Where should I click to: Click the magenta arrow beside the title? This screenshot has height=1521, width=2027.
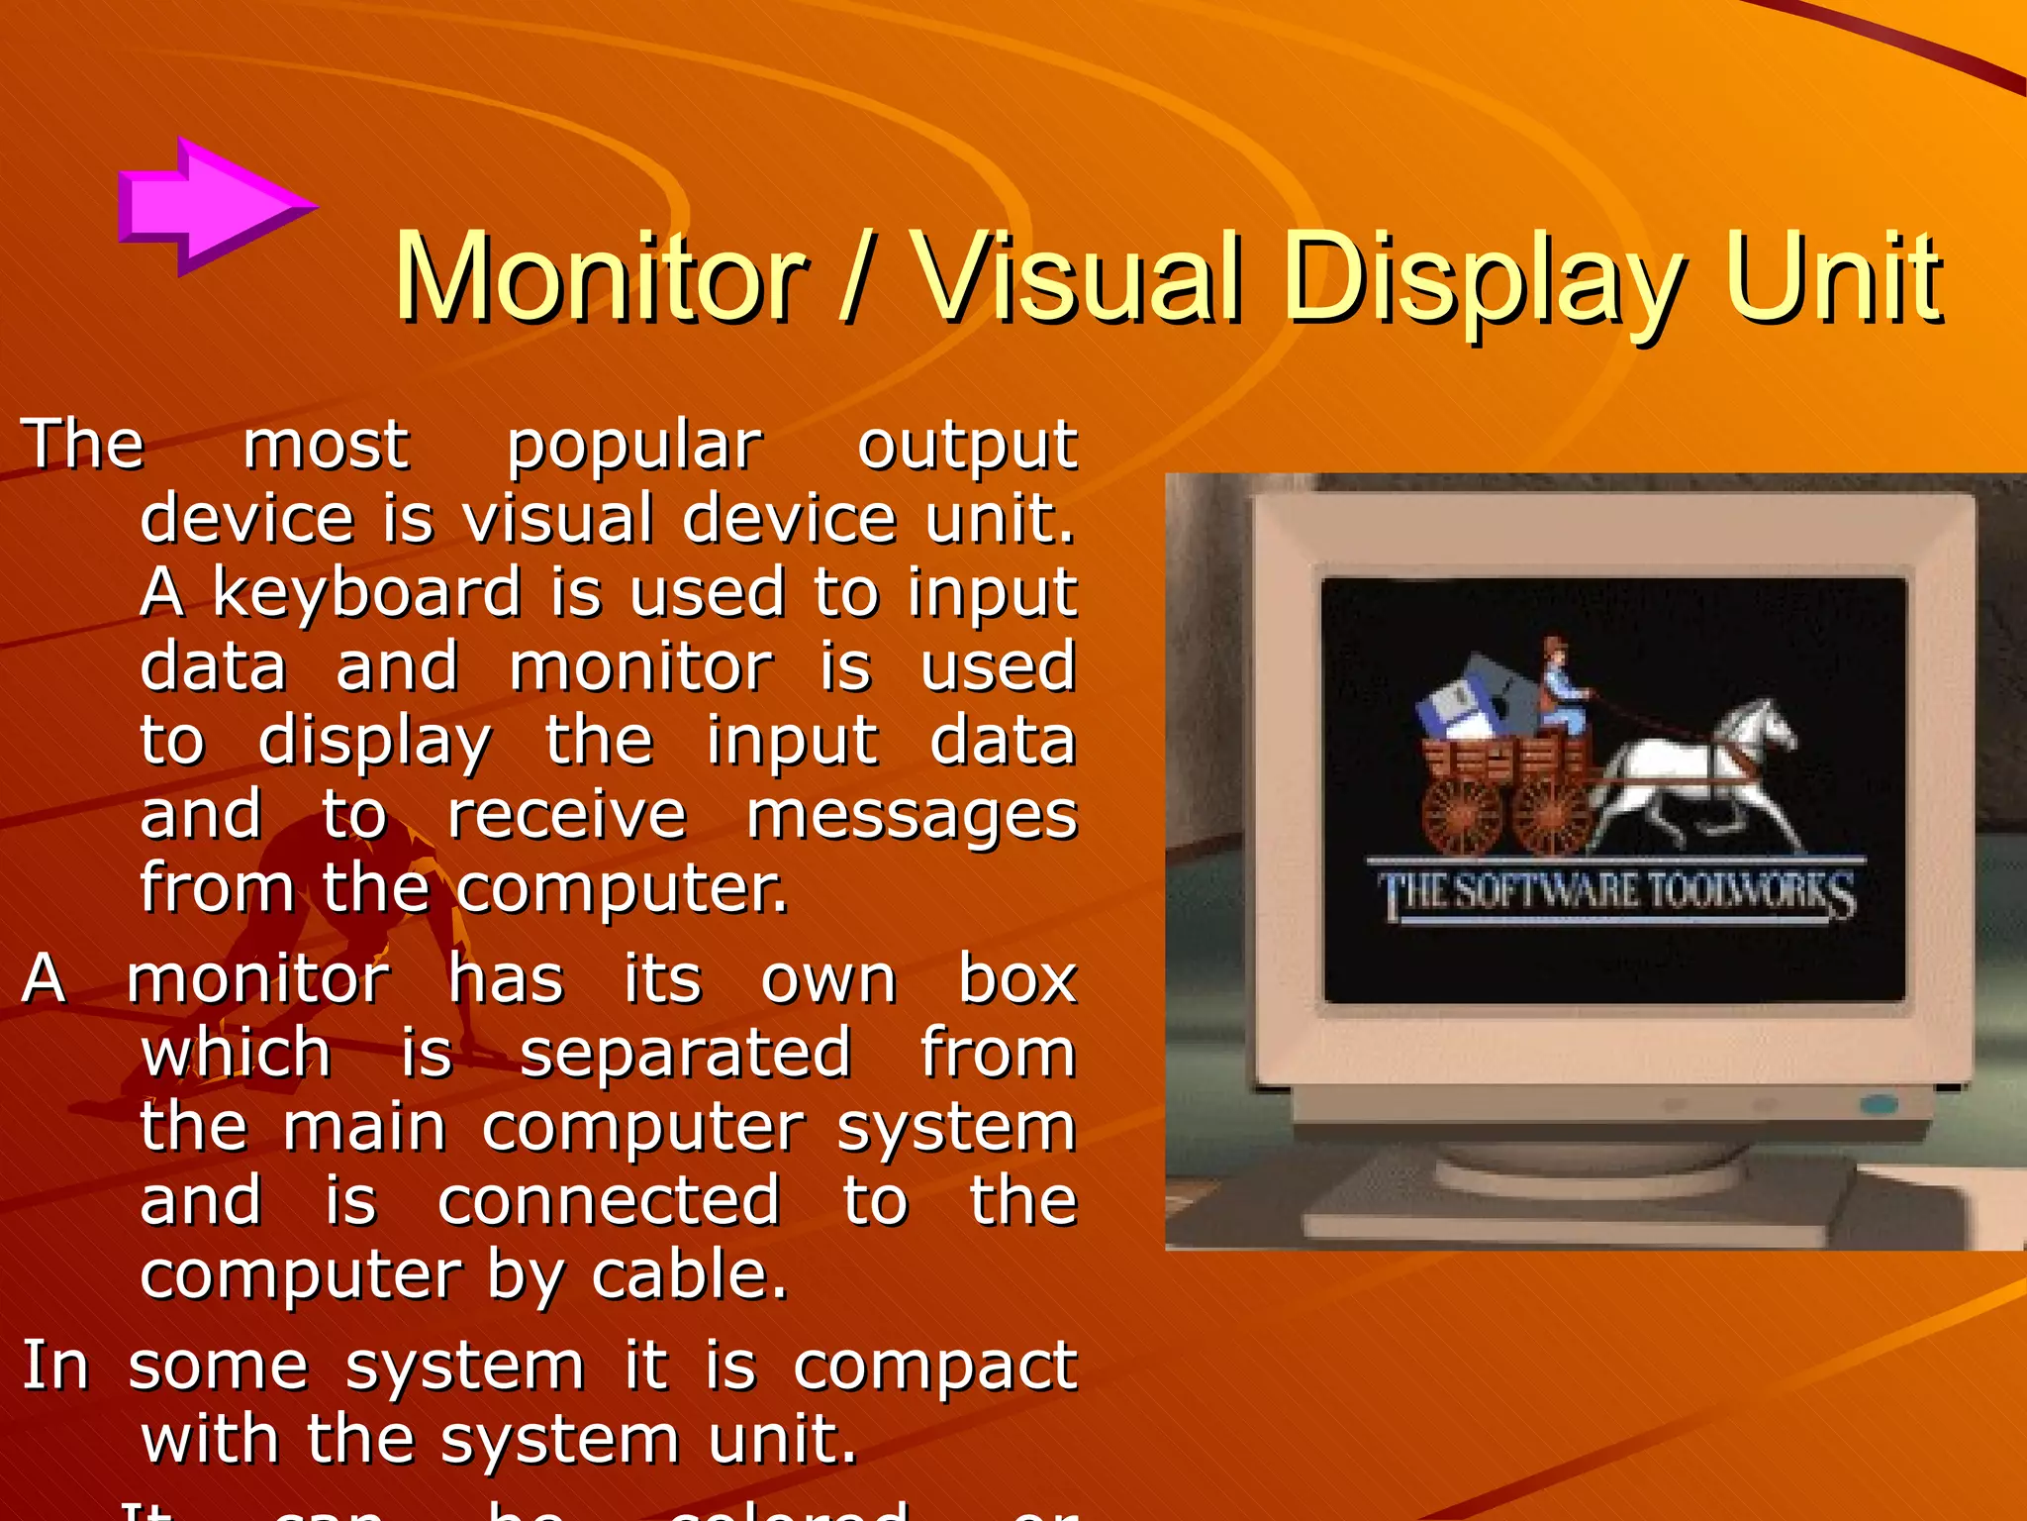tap(213, 206)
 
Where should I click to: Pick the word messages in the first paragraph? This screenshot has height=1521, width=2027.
tap(912, 816)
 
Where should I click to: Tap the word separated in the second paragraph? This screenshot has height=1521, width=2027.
tap(685, 1054)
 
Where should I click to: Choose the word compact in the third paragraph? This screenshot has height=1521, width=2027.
tap(934, 1368)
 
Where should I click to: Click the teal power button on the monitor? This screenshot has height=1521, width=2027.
tap(1878, 1103)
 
